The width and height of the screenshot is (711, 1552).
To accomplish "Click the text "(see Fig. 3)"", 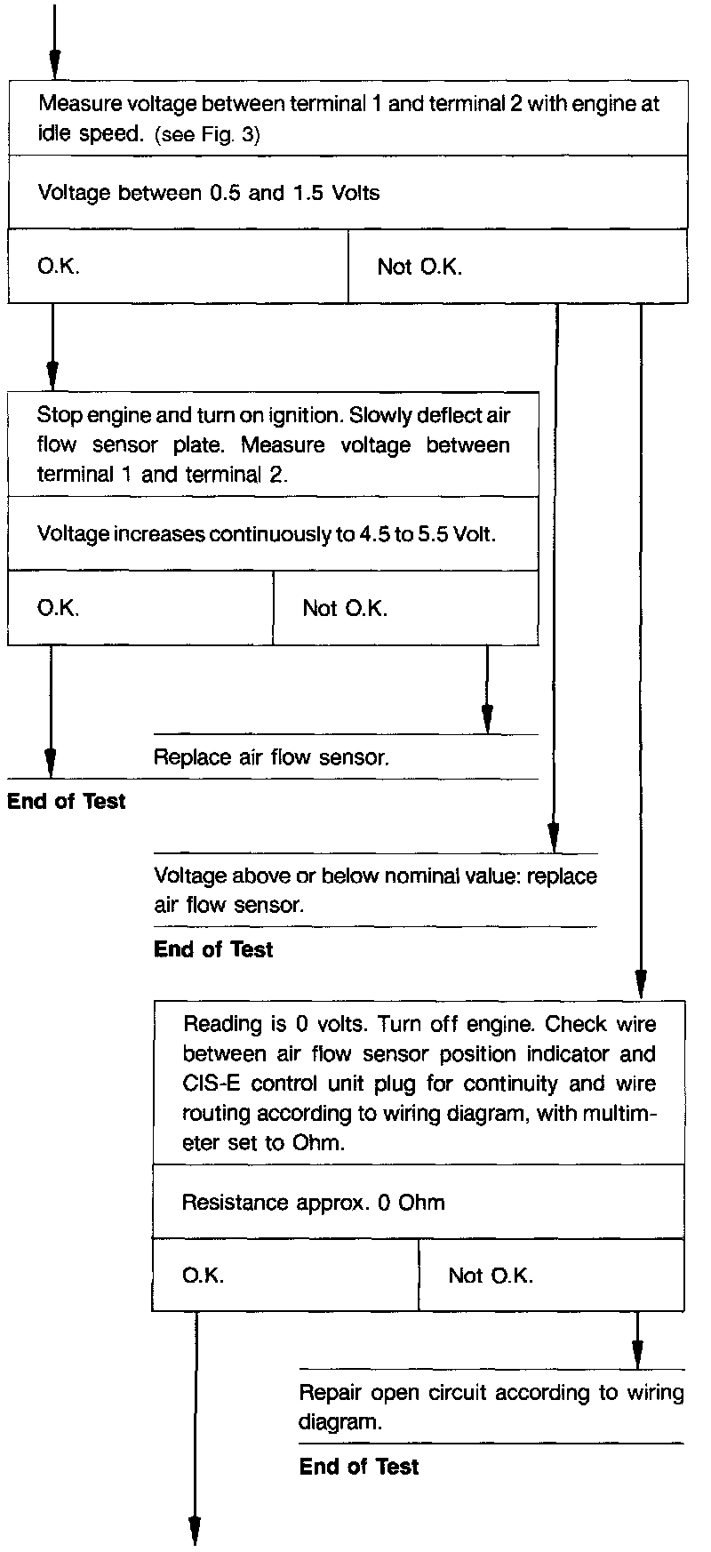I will pos(207,136).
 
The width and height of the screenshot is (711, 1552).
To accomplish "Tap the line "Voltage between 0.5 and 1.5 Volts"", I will pos(208,193).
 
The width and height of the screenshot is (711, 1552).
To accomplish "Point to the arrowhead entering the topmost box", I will pos(55,65).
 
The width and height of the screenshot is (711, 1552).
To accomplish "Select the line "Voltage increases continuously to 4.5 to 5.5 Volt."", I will pos(267,534).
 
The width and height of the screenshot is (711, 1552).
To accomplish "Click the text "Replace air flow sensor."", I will pos(271,757).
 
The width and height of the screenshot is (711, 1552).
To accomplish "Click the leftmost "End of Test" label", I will pos(67,802).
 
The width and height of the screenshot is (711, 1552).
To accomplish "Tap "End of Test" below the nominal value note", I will pos(213,950).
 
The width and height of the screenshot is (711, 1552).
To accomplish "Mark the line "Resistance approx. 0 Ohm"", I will pos(313,1203).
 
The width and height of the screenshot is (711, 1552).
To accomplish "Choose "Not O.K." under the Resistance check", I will pos(491,1276).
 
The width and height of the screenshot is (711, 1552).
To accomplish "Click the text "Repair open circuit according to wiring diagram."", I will pos(491,1406).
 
